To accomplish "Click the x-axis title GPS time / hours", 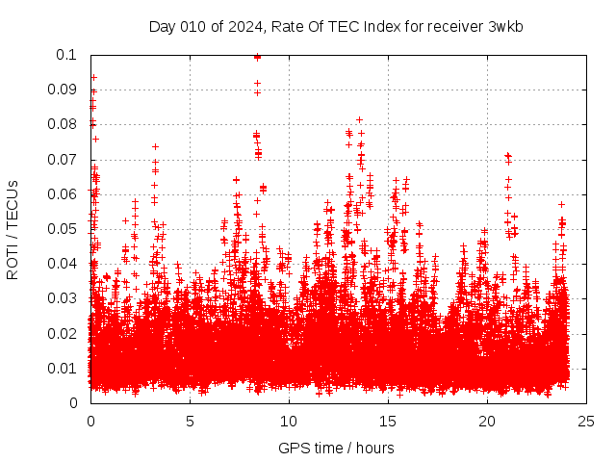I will pyautogui.click(x=336, y=448).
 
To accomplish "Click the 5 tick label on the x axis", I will pyautogui.click(x=190, y=421).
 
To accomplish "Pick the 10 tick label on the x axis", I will pyautogui.click(x=289, y=421).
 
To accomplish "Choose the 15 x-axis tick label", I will pyautogui.click(x=388, y=421).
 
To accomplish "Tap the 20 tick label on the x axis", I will pyautogui.click(x=487, y=421).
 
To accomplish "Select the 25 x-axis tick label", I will pyautogui.click(x=586, y=421).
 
